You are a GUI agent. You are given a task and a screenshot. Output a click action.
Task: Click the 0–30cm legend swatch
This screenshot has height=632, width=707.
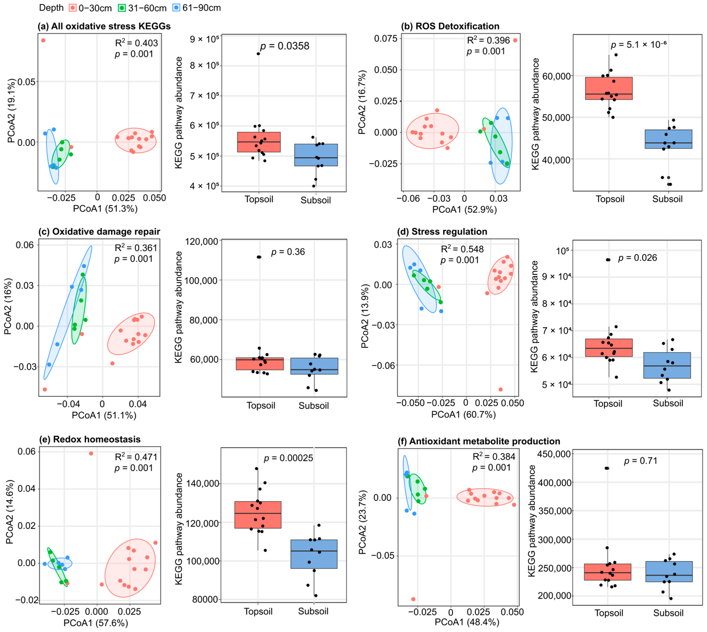click(x=73, y=8)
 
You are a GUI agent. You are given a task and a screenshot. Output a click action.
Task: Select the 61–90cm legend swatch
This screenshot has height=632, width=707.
click(x=176, y=8)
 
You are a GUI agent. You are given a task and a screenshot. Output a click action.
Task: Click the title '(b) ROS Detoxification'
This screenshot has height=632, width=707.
click(x=450, y=26)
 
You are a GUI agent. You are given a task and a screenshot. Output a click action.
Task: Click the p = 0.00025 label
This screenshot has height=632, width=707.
click(x=289, y=458)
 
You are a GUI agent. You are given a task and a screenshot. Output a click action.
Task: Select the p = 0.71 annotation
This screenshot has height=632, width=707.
click(x=641, y=461)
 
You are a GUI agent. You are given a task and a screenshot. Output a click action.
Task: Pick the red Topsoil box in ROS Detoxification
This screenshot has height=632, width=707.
click(x=609, y=88)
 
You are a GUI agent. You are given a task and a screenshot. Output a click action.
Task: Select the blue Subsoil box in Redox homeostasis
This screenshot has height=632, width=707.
click(x=314, y=554)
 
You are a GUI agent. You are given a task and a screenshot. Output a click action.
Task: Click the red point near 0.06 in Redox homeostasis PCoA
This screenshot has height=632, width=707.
click(x=91, y=453)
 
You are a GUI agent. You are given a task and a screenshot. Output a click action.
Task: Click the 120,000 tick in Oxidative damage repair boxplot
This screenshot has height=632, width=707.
click(x=202, y=241)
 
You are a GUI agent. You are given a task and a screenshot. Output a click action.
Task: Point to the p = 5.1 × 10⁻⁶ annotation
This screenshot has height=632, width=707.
click(x=639, y=44)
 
